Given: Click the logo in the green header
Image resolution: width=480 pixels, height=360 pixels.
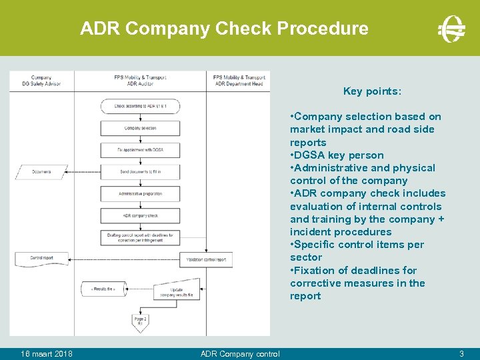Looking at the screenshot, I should click(x=451, y=29).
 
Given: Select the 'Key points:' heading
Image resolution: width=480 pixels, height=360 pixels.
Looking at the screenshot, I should click(x=372, y=91).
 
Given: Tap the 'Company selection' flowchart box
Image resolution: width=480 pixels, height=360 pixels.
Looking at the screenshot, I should click(x=140, y=128).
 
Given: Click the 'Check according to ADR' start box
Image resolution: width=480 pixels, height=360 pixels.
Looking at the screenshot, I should click(x=140, y=106).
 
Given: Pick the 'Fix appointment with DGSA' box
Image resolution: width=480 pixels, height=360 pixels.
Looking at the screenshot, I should click(x=140, y=150).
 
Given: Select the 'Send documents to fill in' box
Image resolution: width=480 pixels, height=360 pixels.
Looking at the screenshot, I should click(x=140, y=172).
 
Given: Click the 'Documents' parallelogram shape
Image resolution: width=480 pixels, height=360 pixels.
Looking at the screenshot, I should click(x=41, y=172).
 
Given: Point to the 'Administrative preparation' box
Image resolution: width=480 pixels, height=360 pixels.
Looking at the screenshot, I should click(x=140, y=194).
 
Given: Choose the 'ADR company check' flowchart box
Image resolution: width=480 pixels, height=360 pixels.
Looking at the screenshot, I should click(x=140, y=216).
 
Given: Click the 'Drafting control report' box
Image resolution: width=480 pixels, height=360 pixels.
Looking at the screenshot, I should click(x=140, y=237).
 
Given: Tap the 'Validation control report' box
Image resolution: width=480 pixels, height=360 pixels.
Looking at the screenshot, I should click(x=205, y=259).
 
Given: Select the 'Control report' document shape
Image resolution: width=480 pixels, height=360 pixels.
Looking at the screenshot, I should click(x=41, y=257).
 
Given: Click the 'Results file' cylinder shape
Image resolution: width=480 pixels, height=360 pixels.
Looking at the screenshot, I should click(x=103, y=289).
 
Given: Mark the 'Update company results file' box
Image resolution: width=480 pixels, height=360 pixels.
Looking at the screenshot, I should click(x=177, y=292).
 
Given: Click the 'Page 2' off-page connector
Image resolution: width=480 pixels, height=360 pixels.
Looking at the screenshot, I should click(x=140, y=321).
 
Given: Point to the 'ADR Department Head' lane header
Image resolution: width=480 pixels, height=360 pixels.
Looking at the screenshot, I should click(x=239, y=81).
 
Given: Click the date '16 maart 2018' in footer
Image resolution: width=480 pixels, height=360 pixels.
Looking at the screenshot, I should click(x=47, y=353).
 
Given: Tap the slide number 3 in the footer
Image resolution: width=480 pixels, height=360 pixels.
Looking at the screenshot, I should click(x=461, y=353).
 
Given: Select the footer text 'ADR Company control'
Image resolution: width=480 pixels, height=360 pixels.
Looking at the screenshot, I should click(x=240, y=353).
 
